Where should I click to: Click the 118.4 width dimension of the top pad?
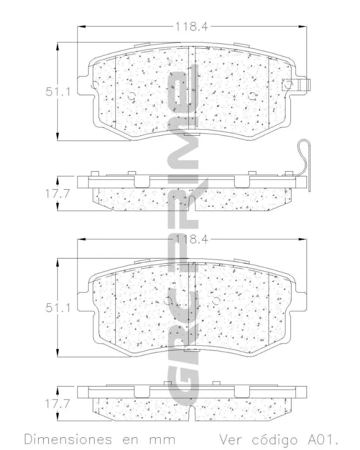(192, 26)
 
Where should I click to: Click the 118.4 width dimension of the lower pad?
(192, 240)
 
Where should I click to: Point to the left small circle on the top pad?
(131, 97)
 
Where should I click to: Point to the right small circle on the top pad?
(253, 97)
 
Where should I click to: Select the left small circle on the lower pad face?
(167, 302)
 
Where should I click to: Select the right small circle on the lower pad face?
(215, 302)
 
